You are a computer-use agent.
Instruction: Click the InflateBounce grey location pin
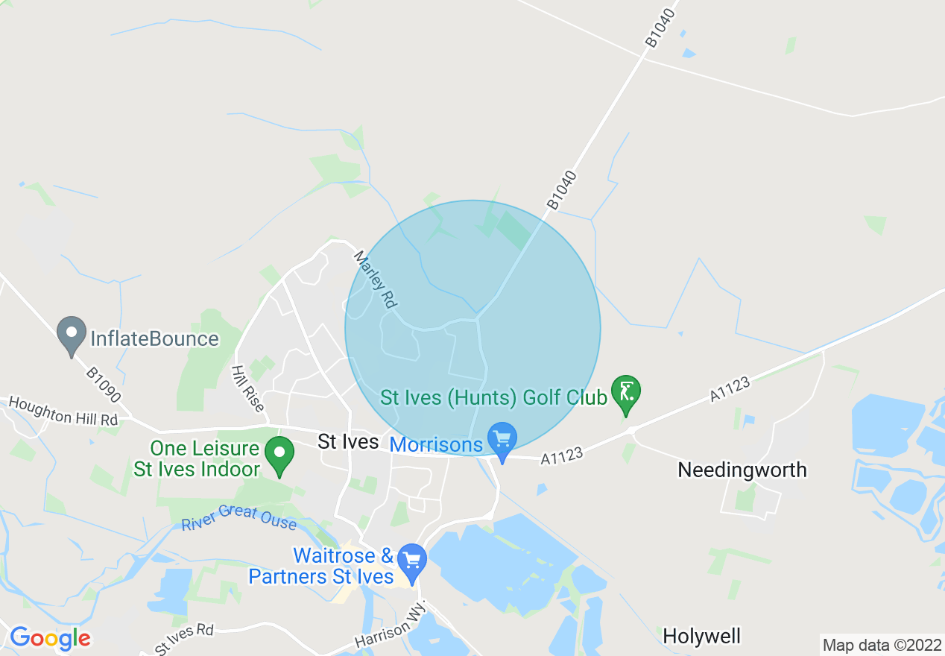coord(72,335)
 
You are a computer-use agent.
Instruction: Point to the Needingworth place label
coord(742,470)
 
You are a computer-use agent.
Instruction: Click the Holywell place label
coord(701,636)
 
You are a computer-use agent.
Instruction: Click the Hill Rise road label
coord(247,388)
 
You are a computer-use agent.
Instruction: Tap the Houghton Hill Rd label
coord(64,410)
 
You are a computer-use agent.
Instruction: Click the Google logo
coord(50,638)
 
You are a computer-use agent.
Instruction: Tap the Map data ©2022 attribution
coord(882,645)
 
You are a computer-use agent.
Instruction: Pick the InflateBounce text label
coord(154,339)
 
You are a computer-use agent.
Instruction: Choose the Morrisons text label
coord(436,445)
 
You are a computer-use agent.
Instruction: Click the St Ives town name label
coord(348,441)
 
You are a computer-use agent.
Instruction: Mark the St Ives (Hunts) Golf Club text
coord(493,397)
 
